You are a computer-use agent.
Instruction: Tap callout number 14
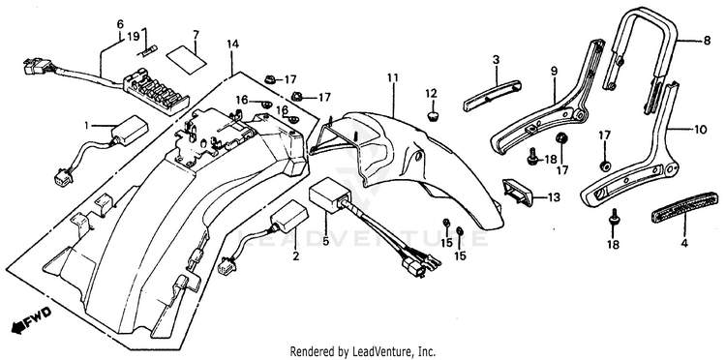pyautogui.click(x=233, y=45)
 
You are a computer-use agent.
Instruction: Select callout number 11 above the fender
pyautogui.click(x=393, y=77)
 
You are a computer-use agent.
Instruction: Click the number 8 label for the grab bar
pyautogui.click(x=707, y=41)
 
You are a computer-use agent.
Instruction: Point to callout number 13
pyautogui.click(x=554, y=197)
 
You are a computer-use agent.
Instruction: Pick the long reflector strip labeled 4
pyautogui.click(x=685, y=208)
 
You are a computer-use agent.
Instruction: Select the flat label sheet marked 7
pyautogui.click(x=186, y=59)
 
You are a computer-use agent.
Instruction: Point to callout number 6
pyautogui.click(x=120, y=23)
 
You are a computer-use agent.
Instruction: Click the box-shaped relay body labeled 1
pyautogui.click(x=129, y=130)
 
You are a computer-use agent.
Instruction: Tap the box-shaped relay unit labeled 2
pyautogui.click(x=289, y=217)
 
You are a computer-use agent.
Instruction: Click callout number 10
pyautogui.click(x=701, y=130)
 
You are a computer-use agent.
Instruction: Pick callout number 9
pyautogui.click(x=555, y=72)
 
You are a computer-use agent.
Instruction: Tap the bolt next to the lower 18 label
pyautogui.click(x=615, y=217)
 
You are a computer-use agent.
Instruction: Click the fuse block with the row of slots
pyautogui.click(x=156, y=90)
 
